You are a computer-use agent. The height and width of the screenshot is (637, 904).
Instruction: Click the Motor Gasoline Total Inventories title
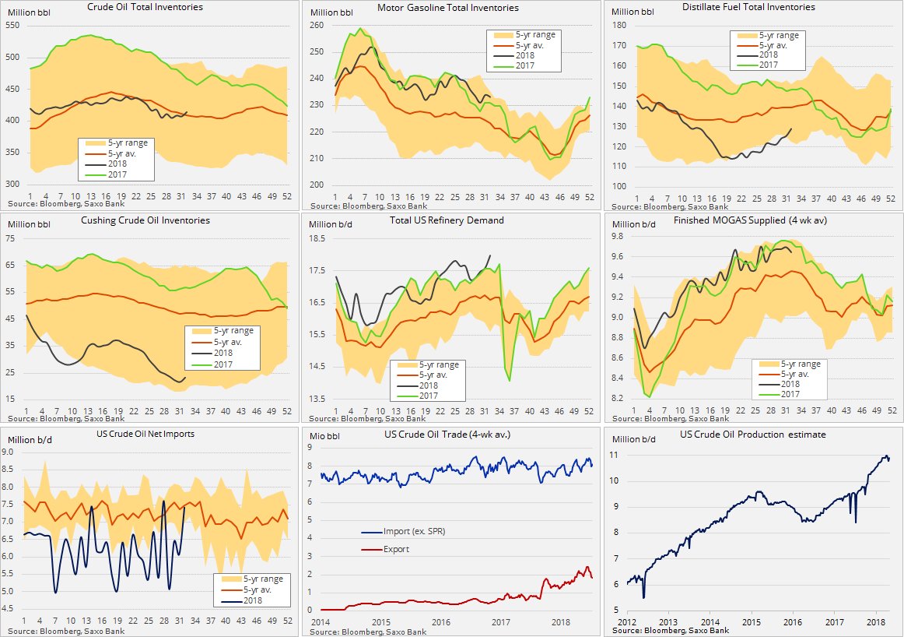pos(447,8)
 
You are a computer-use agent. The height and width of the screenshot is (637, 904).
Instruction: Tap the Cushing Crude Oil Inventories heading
pos(152,220)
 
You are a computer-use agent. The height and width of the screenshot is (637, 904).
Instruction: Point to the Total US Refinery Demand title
pos(450,220)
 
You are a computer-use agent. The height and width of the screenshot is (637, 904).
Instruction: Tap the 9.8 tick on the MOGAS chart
pos(620,236)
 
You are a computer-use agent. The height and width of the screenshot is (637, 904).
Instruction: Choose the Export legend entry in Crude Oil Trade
pos(396,549)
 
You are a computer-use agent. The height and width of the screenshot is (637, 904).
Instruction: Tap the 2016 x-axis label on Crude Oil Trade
pos(440,622)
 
